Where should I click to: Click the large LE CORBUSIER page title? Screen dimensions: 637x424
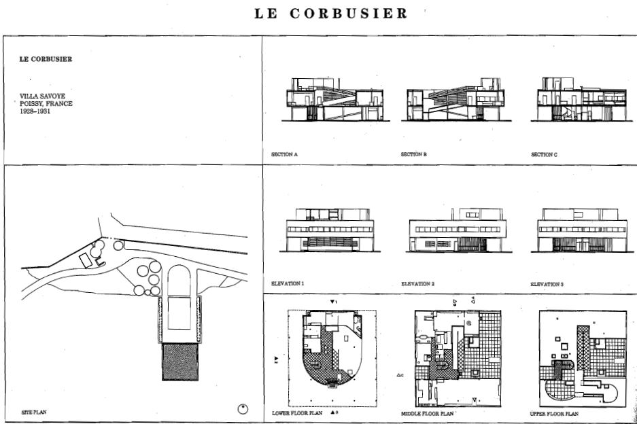pyautogui.click(x=330, y=14)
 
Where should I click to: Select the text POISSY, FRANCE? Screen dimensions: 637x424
pyautogui.click(x=46, y=103)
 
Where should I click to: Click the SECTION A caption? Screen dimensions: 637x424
pyautogui.click(x=284, y=155)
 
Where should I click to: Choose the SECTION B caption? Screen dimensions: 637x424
pyautogui.click(x=414, y=155)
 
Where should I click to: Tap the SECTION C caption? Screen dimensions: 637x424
pyautogui.click(x=544, y=155)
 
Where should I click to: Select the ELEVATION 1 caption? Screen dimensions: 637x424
pyautogui.click(x=288, y=282)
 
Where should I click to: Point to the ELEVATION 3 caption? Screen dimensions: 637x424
pyautogui.click(x=548, y=282)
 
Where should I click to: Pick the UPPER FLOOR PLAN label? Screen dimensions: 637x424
pyautogui.click(x=554, y=412)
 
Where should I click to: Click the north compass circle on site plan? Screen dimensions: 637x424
pyautogui.click(x=243, y=408)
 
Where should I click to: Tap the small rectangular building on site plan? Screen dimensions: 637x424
pyautogui.click(x=87, y=258)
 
